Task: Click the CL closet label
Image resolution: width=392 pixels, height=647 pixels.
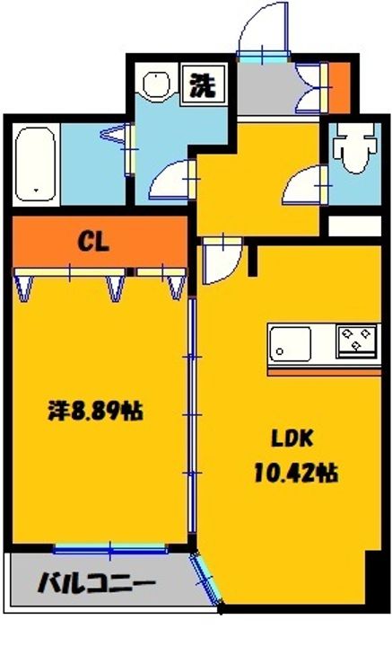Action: (x=93, y=241)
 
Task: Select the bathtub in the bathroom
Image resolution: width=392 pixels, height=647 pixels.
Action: (x=37, y=164)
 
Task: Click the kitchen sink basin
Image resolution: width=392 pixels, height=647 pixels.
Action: (x=290, y=342)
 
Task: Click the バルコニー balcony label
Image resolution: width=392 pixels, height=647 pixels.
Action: (x=97, y=585)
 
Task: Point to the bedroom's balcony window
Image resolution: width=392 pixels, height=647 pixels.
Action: (x=109, y=546)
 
